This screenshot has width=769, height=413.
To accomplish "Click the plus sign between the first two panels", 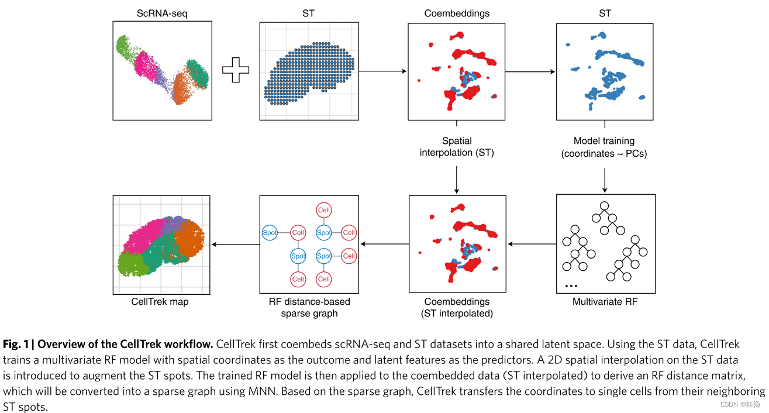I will tap(236, 70).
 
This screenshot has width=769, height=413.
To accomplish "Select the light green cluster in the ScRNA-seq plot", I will tap(125, 46).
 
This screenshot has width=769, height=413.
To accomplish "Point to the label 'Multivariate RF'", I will tap(605, 302).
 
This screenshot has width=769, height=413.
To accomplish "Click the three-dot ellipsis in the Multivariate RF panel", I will tap(571, 286).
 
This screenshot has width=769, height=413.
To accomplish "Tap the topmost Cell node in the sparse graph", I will tap(323, 209).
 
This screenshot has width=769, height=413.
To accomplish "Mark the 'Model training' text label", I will tap(605, 141).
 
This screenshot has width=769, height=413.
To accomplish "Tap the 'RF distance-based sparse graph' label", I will tap(309, 307).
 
